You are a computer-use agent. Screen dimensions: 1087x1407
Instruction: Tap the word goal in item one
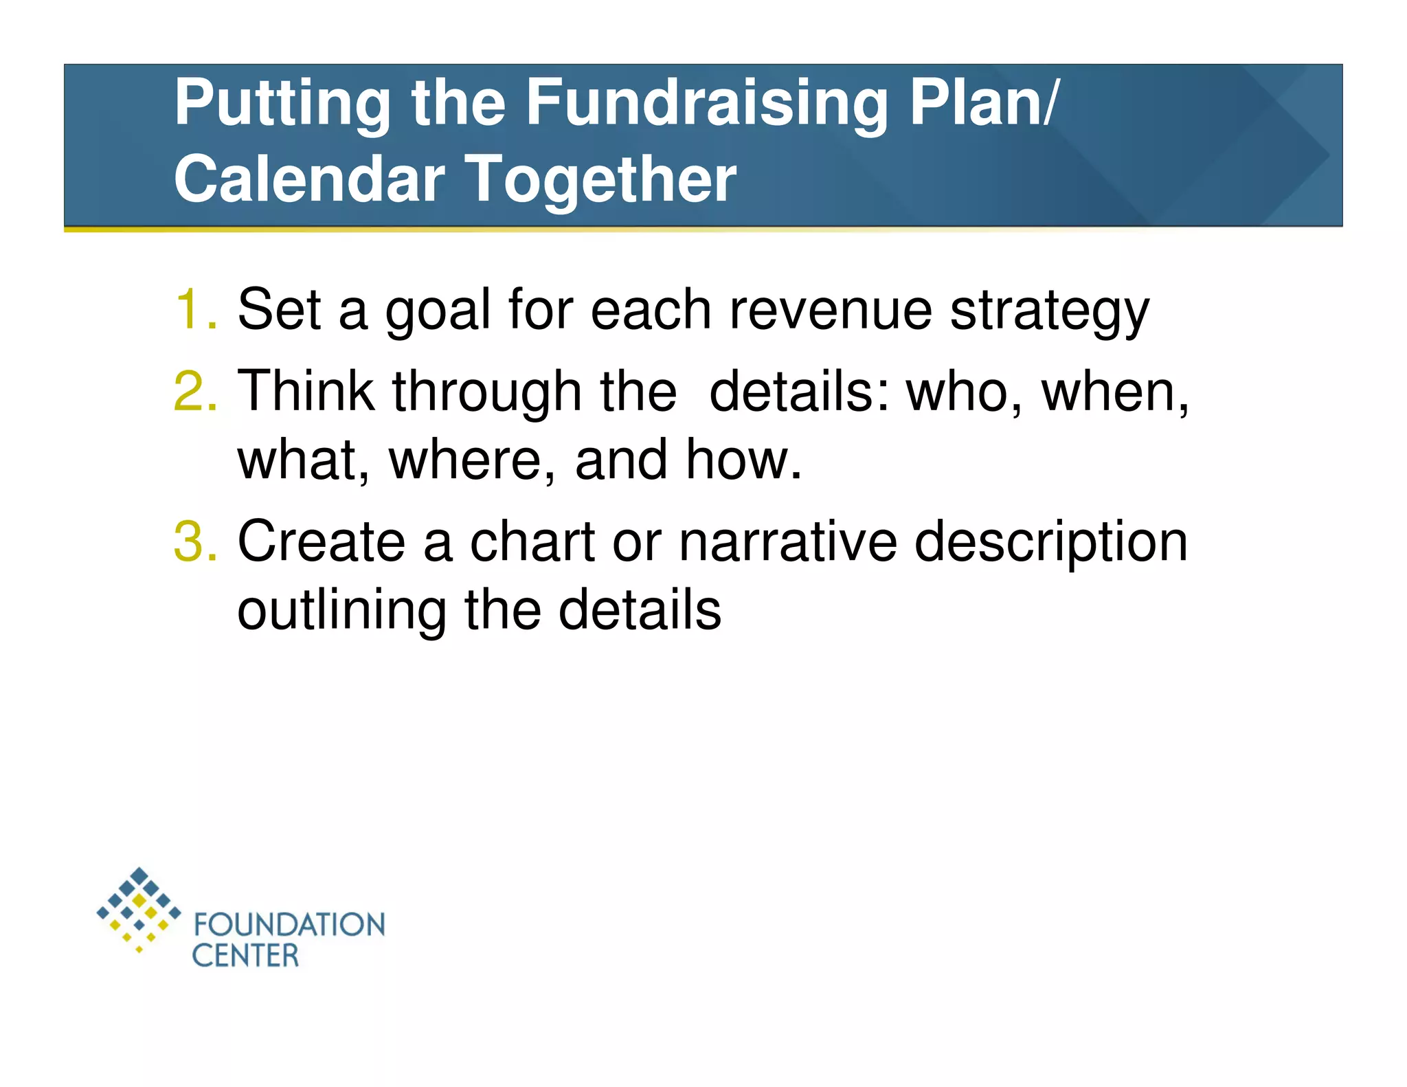(x=438, y=311)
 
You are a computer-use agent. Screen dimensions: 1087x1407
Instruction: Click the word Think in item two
(x=306, y=391)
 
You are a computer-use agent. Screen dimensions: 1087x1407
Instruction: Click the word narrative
(x=788, y=541)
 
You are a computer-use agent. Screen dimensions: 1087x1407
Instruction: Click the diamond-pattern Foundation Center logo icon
(x=139, y=909)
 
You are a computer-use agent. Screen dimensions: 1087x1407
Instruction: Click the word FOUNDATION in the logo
(x=289, y=925)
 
